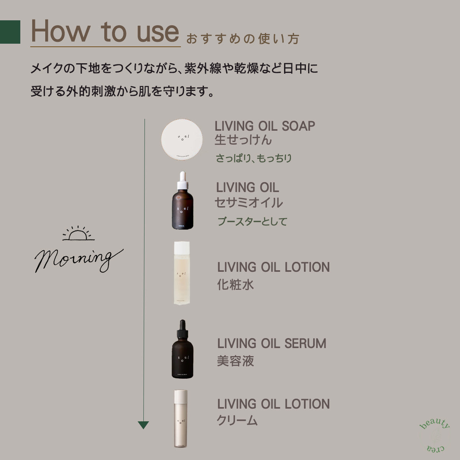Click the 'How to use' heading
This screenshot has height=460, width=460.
(x=105, y=32)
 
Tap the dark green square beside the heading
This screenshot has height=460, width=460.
(x=10, y=32)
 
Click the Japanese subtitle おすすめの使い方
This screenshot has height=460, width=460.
(x=242, y=39)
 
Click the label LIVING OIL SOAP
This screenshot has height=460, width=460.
(x=264, y=126)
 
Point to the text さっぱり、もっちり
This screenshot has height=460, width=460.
(x=253, y=158)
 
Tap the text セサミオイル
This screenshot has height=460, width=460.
(x=248, y=202)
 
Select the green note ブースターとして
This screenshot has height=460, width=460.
(x=252, y=222)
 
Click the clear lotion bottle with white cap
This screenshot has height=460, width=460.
(x=182, y=273)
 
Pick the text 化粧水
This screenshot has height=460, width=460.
(x=235, y=285)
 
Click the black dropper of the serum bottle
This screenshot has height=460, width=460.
(x=182, y=328)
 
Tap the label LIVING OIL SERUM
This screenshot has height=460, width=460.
(x=271, y=343)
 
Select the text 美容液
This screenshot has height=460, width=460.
(x=235, y=361)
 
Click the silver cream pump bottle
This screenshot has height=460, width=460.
(x=181, y=419)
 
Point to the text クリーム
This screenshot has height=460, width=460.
(x=237, y=421)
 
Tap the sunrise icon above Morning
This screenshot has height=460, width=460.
(x=78, y=233)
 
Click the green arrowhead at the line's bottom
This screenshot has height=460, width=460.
(x=143, y=425)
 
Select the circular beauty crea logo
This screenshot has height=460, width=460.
(x=435, y=435)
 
